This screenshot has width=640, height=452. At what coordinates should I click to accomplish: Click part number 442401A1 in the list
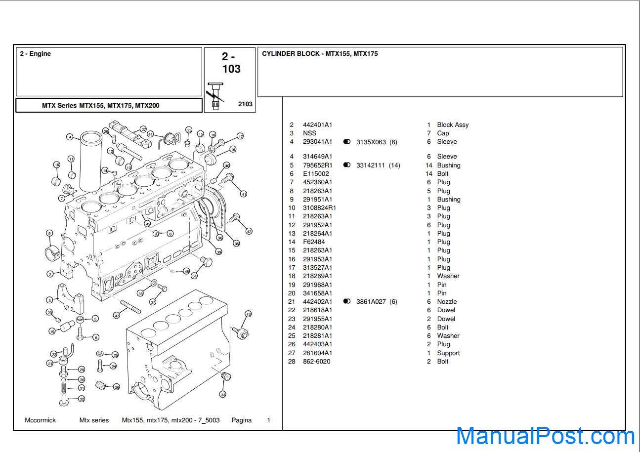[x=317, y=125]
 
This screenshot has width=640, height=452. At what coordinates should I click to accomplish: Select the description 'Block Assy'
[x=453, y=125]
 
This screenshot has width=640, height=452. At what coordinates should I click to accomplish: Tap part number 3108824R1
[x=319, y=208]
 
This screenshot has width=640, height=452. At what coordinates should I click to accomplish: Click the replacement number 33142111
[x=371, y=165]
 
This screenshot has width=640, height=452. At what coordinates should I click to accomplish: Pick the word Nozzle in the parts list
[x=447, y=301]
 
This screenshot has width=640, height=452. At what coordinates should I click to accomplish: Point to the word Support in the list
[x=448, y=353]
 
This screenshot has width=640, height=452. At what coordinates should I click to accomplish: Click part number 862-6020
[x=317, y=362]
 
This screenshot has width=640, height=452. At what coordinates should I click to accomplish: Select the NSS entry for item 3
[x=309, y=133]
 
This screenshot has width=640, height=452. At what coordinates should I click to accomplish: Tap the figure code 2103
[x=245, y=104]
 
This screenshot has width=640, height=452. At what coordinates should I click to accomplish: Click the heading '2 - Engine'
[x=35, y=54]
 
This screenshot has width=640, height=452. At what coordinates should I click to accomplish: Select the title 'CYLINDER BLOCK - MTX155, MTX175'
[x=320, y=54]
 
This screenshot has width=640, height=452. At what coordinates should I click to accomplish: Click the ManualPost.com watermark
[x=545, y=436]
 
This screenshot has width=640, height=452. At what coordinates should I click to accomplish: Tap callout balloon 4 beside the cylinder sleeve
[x=70, y=137]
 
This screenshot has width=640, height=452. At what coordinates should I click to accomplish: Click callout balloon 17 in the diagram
[x=240, y=136]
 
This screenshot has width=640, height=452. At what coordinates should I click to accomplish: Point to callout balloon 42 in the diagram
[x=249, y=231]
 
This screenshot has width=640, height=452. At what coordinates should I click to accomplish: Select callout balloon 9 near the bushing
[x=49, y=233]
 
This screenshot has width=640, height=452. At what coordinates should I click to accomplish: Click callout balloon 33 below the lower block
[x=222, y=395]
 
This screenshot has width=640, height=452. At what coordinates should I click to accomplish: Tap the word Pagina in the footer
[x=242, y=420]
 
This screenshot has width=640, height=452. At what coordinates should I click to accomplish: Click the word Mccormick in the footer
[x=41, y=420]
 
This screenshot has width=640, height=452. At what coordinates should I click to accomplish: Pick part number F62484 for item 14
[x=314, y=242]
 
